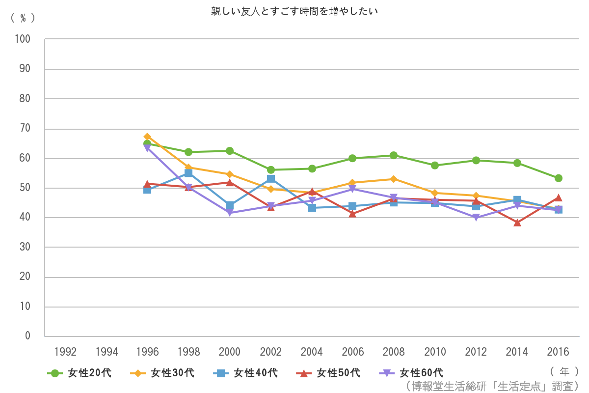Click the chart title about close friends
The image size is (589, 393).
[294, 11]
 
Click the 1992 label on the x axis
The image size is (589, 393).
[65, 352]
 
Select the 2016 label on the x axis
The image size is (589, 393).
[558, 352]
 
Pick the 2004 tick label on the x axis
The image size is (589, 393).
[312, 352]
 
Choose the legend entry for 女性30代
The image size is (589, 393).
[163, 373]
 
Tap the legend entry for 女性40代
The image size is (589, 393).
[246, 373]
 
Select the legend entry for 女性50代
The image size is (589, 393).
[329, 373]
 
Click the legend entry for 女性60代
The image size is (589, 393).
[412, 373]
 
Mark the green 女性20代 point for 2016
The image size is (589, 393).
[558, 178]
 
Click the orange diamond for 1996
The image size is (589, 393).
[147, 137]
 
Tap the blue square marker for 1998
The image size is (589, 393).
[188, 173]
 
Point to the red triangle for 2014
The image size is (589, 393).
[517, 223]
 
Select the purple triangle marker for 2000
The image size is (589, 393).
[230, 213]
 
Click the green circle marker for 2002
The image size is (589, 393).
[271, 170]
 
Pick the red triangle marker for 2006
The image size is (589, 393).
[352, 214]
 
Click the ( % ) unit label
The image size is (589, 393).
[23, 18]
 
